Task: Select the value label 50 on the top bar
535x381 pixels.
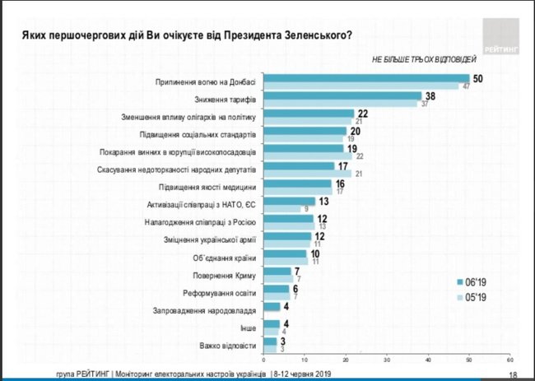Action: (477, 77)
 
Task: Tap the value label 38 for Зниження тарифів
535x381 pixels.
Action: (430, 95)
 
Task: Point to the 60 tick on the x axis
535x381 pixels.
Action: (509, 359)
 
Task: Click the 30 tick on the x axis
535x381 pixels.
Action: (386, 359)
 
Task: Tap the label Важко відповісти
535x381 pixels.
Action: (233, 346)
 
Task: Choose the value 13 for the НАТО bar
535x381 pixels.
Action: (325, 201)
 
